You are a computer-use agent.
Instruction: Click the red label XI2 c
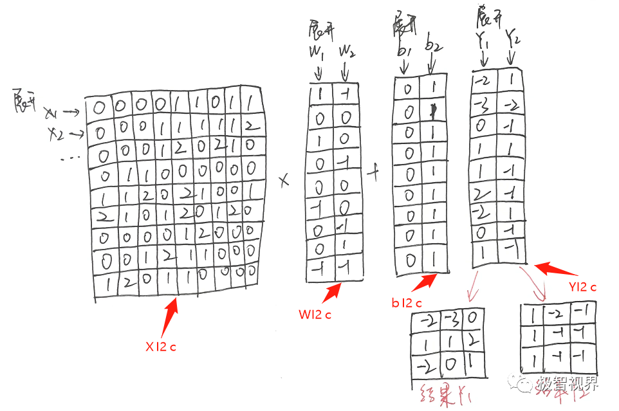160,347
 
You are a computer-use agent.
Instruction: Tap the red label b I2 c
406,303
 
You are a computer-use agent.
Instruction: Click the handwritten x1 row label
51,113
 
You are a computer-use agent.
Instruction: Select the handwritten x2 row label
56,132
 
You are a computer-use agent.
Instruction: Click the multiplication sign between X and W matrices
284,182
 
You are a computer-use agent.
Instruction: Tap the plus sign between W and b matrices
373,172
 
